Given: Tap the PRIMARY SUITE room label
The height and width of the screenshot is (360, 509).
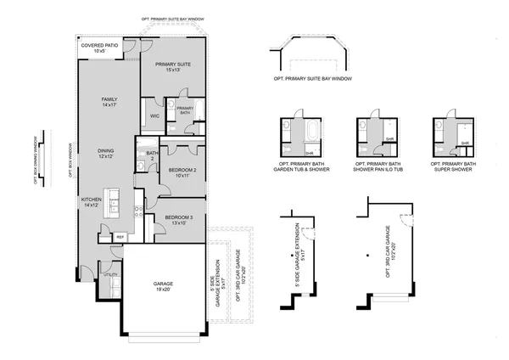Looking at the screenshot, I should pyautogui.click(x=174, y=66).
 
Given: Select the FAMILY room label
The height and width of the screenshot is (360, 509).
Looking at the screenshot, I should pyautogui.click(x=109, y=102).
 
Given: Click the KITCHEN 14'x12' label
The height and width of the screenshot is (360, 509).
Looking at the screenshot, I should pyautogui.click(x=92, y=203).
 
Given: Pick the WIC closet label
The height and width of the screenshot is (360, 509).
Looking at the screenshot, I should pyautogui.click(x=155, y=115).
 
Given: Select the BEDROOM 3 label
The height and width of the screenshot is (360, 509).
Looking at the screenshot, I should pyautogui.click(x=179, y=219).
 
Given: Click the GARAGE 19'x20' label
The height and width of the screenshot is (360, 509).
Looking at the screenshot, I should pyautogui.click(x=164, y=286).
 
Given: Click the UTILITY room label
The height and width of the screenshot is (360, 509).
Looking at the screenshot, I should pyautogui.click(x=109, y=275).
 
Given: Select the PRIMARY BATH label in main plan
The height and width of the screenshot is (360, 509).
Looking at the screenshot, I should pyautogui.click(x=184, y=109).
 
